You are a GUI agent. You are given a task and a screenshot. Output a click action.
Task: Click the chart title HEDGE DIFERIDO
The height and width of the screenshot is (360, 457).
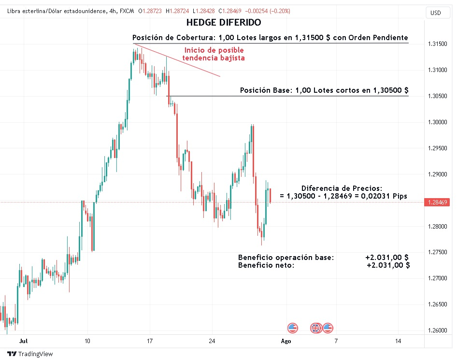coord(223,22)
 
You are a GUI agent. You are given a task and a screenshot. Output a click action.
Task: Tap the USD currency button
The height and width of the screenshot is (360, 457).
coord(435,13)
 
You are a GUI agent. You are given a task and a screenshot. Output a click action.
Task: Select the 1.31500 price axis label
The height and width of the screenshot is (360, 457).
coord(437,44)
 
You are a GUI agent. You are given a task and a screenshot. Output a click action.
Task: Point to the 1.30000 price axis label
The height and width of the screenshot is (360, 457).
coord(437,122)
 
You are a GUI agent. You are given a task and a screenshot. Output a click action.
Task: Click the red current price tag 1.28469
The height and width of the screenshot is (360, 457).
coord(437,202)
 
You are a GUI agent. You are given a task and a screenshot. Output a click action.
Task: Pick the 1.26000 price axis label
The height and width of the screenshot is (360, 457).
coord(437,331)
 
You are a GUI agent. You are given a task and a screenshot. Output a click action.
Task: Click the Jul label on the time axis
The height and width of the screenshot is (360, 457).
coord(23,341)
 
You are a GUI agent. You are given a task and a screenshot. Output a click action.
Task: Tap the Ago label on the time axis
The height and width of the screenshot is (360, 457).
coord(286,341)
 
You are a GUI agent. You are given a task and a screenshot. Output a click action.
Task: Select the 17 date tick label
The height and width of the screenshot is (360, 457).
coord(150,341)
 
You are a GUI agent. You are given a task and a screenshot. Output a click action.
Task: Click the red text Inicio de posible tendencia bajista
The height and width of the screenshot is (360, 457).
coord(213,54)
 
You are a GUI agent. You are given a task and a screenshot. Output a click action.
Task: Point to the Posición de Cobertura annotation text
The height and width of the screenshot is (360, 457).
coord(270,37)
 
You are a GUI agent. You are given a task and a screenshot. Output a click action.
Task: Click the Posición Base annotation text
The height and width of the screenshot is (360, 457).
coord(324,90)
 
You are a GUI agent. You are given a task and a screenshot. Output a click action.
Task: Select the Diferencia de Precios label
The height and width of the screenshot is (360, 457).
coord(342,188)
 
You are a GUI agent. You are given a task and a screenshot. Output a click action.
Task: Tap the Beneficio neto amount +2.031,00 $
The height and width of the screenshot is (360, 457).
coord(388,265)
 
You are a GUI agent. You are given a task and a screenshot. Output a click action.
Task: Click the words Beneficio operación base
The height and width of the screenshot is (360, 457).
coord(286,258)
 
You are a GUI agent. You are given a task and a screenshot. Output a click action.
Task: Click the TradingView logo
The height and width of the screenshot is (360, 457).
coord(30,354)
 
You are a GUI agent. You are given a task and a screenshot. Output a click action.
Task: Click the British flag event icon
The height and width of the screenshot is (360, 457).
coord(315,328)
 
